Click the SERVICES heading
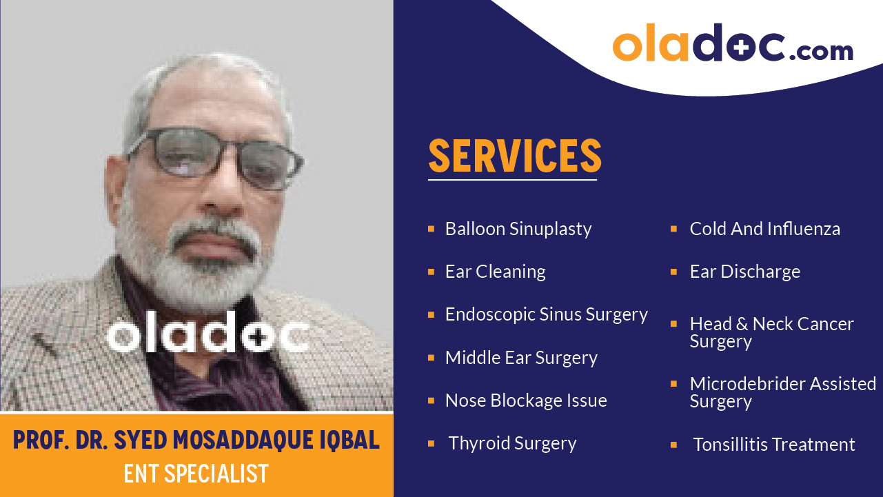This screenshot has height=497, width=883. (x=515, y=156)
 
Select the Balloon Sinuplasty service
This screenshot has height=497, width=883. (x=518, y=229)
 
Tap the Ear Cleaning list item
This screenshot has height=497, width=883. (x=495, y=272)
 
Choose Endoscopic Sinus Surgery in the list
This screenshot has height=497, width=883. (x=546, y=314)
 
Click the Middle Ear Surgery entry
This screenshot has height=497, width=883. (x=521, y=358)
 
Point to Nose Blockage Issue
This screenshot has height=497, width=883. (x=526, y=400)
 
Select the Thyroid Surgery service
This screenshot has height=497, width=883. (x=512, y=443)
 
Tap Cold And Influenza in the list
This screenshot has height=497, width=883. (x=764, y=229)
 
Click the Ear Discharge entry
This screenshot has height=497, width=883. (x=744, y=272)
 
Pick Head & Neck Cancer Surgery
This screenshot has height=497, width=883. (x=771, y=332)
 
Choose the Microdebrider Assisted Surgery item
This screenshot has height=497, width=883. (x=782, y=392)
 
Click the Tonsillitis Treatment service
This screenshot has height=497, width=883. (x=773, y=445)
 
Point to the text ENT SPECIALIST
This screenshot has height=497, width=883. (x=196, y=474)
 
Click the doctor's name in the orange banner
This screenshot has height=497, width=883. (x=196, y=440)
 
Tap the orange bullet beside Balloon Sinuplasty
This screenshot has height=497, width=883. (x=431, y=228)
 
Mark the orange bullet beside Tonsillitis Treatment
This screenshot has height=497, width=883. (x=673, y=445)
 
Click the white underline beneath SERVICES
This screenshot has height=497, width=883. (x=512, y=180)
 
